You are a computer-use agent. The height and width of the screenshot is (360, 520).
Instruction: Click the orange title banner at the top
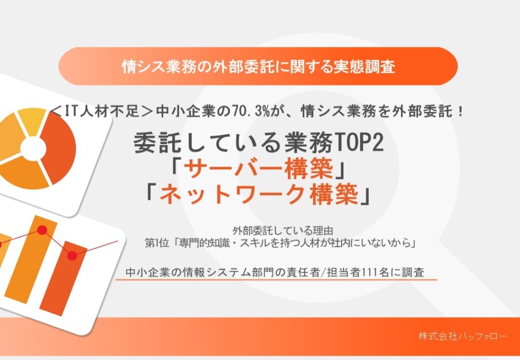click(257, 67)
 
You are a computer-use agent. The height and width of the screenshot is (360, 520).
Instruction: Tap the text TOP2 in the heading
click(360, 144)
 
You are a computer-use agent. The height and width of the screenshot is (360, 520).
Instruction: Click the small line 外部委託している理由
click(283, 230)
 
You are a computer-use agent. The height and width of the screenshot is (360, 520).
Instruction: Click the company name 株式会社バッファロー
click(462, 336)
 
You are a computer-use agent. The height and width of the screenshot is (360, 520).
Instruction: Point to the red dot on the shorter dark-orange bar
click(72, 255)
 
